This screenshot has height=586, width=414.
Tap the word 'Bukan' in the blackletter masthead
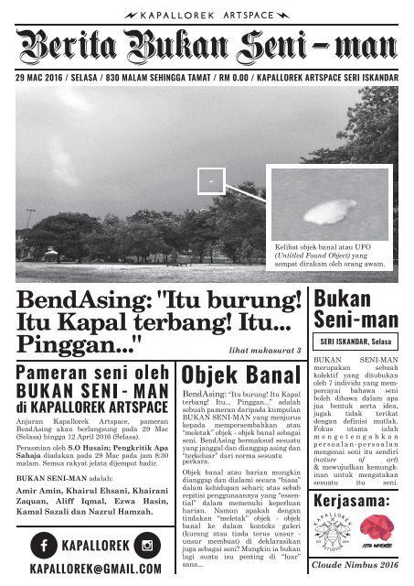point(168,44)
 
